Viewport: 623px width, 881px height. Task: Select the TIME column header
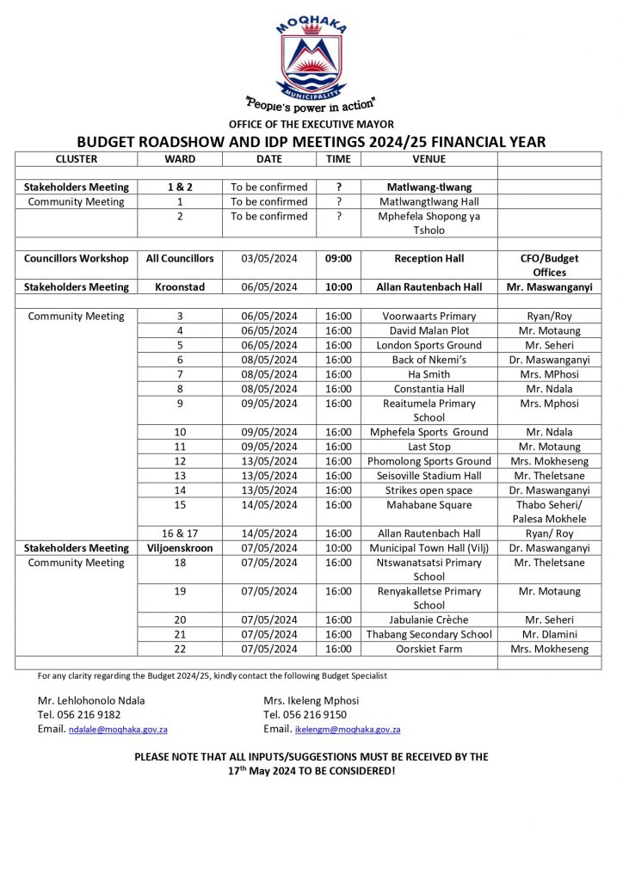click(x=339, y=159)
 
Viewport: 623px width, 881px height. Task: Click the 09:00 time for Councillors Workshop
click(x=339, y=258)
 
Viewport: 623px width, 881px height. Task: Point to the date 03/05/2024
click(x=268, y=258)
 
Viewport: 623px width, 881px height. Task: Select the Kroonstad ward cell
click(x=180, y=286)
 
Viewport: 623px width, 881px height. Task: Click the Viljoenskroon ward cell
click(x=180, y=548)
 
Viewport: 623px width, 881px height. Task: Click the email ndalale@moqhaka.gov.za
click(x=117, y=730)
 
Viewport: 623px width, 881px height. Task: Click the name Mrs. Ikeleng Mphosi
click(x=311, y=699)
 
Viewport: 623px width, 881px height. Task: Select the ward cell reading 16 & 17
click(x=180, y=533)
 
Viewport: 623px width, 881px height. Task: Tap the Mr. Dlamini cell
click(x=549, y=634)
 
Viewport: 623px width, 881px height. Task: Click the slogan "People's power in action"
click(x=311, y=104)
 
